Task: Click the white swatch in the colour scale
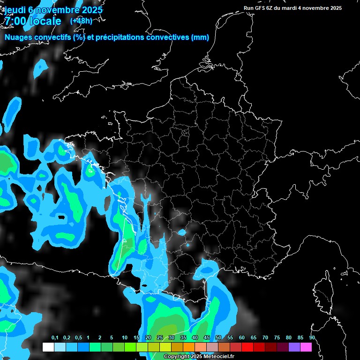tap(48, 347)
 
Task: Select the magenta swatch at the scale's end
tap(306, 347)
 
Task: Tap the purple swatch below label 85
tap(294, 347)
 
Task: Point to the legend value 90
tap(312, 338)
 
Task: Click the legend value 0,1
tap(55, 338)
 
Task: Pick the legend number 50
tap(218, 338)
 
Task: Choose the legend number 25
tap(160, 338)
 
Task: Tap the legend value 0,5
tap(78, 338)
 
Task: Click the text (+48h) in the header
tap(81, 21)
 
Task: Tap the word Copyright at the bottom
tap(175, 357)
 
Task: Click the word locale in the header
tap(45, 21)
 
